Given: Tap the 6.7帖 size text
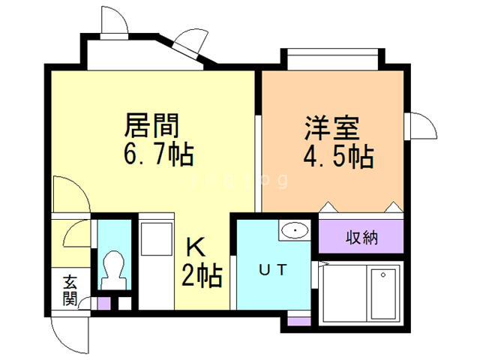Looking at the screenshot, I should coord(157,154).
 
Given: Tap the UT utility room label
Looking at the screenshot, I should coord(271,269).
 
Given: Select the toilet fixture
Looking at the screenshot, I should coord(114,266).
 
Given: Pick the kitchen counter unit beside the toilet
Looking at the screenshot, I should coord(156,262).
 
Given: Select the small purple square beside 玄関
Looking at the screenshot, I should coord(105,304).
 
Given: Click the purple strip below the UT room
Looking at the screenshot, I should coord(299,321).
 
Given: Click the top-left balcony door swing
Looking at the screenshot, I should coord(112,21).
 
